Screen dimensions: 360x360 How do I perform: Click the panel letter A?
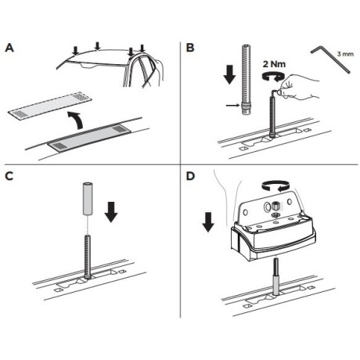(9, 48)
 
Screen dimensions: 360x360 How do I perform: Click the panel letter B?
(190, 48)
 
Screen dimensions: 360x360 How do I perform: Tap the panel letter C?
(9, 176)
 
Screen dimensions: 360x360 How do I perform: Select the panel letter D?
(191, 176)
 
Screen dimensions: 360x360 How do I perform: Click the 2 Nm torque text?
(274, 64)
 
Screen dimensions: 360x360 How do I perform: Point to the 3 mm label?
(345, 54)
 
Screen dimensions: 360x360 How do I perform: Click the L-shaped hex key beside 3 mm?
(331, 59)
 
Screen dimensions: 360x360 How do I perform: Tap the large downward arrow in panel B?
(229, 74)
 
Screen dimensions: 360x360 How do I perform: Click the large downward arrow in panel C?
(111, 212)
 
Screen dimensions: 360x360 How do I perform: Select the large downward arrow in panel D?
(208, 222)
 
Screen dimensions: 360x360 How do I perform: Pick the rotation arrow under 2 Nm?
(273, 76)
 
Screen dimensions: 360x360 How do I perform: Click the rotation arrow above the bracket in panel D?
(276, 185)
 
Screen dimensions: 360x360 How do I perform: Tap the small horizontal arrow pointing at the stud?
(232, 105)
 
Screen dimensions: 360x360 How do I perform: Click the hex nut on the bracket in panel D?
(275, 207)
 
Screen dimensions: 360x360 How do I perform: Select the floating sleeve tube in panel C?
(88, 199)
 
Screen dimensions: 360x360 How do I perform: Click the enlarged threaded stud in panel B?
(247, 80)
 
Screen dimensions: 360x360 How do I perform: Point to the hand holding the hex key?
(300, 88)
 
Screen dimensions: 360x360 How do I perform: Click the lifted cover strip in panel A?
(50, 106)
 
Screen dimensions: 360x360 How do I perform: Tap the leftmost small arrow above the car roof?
(76, 51)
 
